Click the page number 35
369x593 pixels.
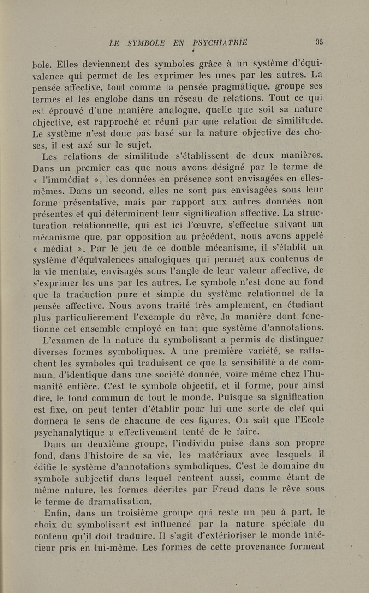[319, 41]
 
